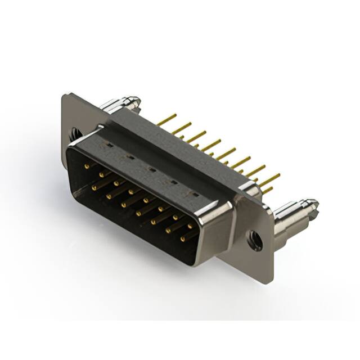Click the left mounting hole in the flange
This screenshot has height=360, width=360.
coord(74,134)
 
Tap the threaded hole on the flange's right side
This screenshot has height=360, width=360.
coord(255,238)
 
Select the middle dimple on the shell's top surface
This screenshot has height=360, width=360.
coord(151,168)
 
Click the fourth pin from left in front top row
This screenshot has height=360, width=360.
coord(130,191)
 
